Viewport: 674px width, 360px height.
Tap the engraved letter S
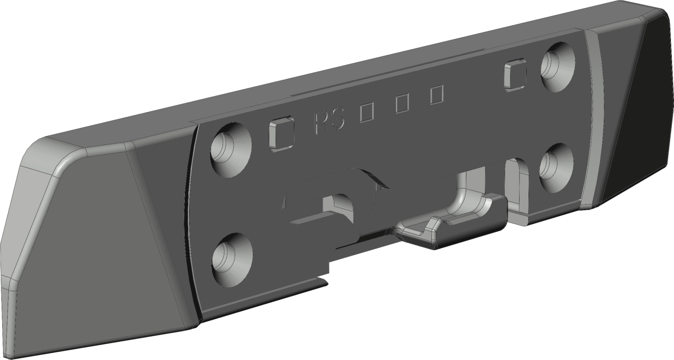click(336, 119)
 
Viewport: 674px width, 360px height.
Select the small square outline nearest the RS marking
click(366, 112)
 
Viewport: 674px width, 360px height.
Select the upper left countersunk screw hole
click(231, 149)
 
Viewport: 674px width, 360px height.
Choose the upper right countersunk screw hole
click(558, 67)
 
